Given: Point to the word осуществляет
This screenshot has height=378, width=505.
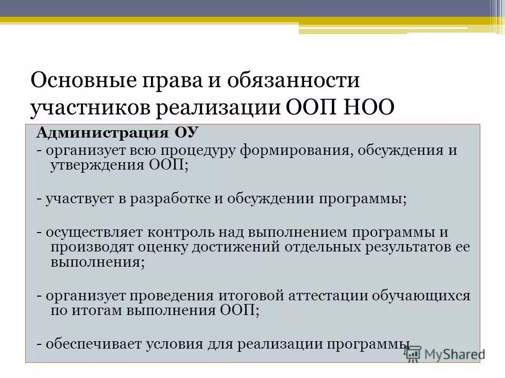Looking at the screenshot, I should click(85, 232).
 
